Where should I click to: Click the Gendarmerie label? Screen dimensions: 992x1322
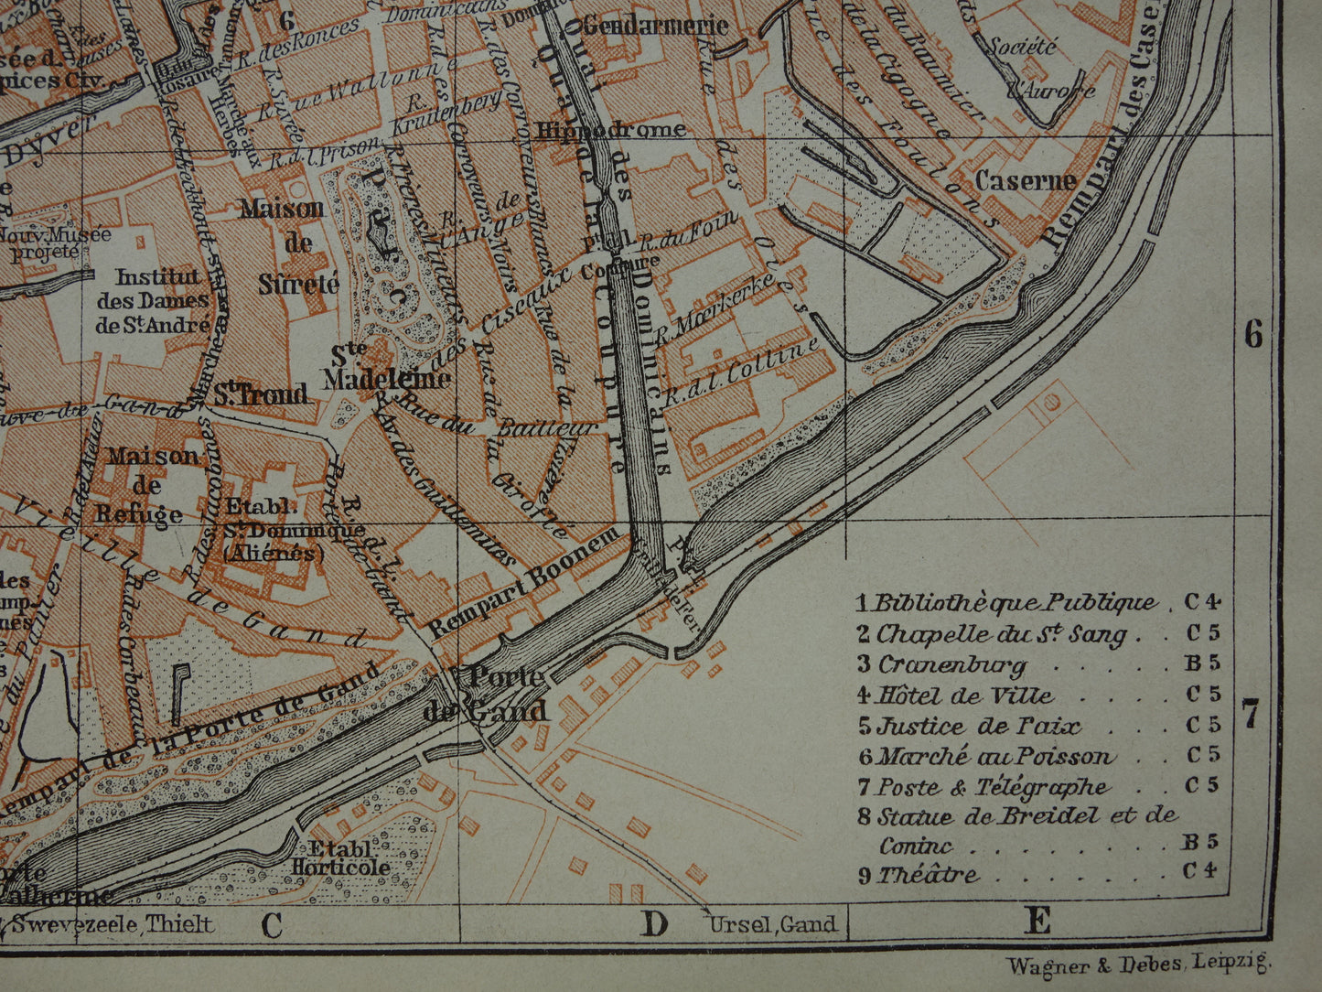(x=655, y=25)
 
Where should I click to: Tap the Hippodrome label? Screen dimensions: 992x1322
(x=610, y=129)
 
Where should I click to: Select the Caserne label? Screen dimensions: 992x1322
(x=1025, y=180)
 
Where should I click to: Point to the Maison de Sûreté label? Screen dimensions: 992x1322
(x=283, y=245)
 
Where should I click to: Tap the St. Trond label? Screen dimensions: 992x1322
(x=262, y=394)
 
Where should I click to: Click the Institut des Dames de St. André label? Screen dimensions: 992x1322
(x=153, y=300)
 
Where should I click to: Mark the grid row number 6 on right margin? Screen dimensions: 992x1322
(x=1252, y=336)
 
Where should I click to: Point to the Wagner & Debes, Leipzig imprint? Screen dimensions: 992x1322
(x=1138, y=965)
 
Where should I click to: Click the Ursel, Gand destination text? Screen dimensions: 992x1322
(x=773, y=924)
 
